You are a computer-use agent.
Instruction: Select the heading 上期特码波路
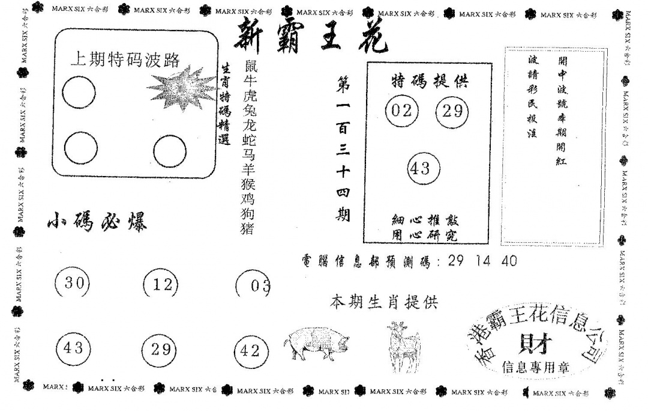pos(125,60)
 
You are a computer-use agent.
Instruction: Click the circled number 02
pos(401,111)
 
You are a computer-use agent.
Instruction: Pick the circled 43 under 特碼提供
pos(423,169)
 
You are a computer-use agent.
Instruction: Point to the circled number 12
pos(161,285)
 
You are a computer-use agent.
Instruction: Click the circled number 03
pos(255,285)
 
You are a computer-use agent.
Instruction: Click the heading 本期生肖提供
pos(384,302)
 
